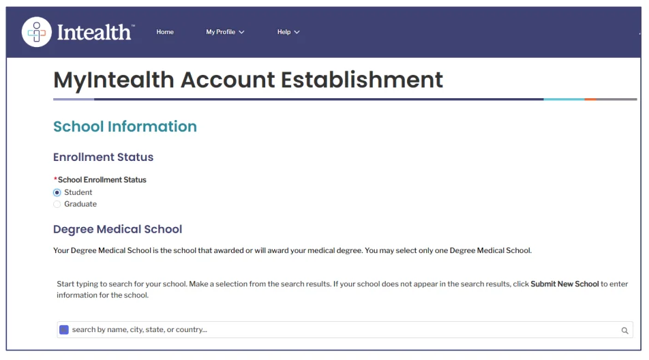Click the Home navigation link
tap(165, 32)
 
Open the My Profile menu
tap(225, 32)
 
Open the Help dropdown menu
tap(288, 32)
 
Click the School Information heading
tap(125, 127)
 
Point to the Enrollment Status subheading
tap(103, 157)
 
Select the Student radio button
tap(57, 193)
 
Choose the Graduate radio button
tap(57, 204)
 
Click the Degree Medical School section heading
tap(117, 229)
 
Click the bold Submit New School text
tap(564, 284)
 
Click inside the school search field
tap(341, 330)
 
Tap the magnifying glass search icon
tap(624, 331)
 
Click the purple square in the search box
tap(64, 330)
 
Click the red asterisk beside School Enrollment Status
tap(55, 180)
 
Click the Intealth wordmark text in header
tap(95, 32)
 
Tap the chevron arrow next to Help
tap(297, 32)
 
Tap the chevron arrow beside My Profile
tap(241, 32)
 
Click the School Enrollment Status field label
tap(102, 180)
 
